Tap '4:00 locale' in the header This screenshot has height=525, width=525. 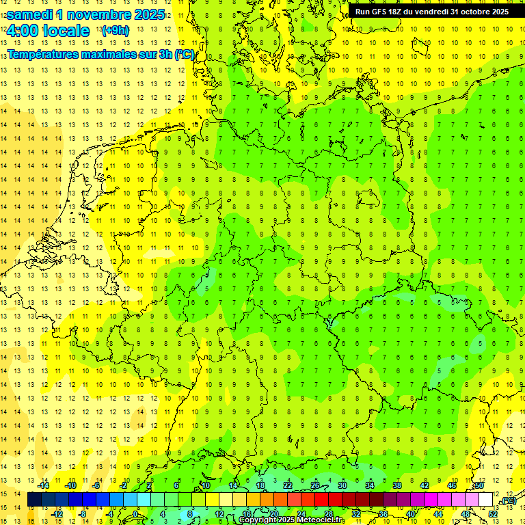47,31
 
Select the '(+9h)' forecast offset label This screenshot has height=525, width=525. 114,30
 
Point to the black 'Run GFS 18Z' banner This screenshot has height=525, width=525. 431,12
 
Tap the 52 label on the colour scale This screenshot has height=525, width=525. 493,513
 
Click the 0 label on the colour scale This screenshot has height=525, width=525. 135,513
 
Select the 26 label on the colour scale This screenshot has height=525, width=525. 315,485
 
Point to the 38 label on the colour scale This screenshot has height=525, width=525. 397,485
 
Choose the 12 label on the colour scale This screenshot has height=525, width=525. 219,513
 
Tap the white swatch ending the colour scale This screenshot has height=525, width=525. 485,500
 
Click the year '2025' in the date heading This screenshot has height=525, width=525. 146,14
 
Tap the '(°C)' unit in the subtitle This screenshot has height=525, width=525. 184,54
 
